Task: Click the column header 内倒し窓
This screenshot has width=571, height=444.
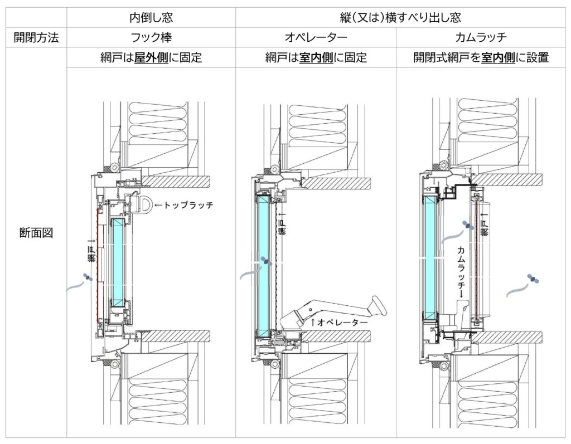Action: pyautogui.click(x=151, y=17)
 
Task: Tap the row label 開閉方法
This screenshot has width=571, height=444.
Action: pyautogui.click(x=37, y=38)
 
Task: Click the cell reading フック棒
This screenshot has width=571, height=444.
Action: pyautogui.click(x=151, y=38)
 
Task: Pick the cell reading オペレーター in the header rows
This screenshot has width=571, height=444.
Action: pyautogui.click(x=316, y=38)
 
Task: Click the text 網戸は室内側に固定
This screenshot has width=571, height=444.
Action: pyautogui.click(x=316, y=57)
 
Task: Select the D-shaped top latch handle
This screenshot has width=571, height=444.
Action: pyautogui.click(x=147, y=204)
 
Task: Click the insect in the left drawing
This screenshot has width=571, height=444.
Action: pyautogui.click(x=87, y=277)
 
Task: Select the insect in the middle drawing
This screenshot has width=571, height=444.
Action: pyautogui.click(x=267, y=261)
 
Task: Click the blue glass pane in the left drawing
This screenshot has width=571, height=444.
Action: pyautogui.click(x=118, y=262)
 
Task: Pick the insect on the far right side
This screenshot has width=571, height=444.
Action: pyautogui.click(x=534, y=279)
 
